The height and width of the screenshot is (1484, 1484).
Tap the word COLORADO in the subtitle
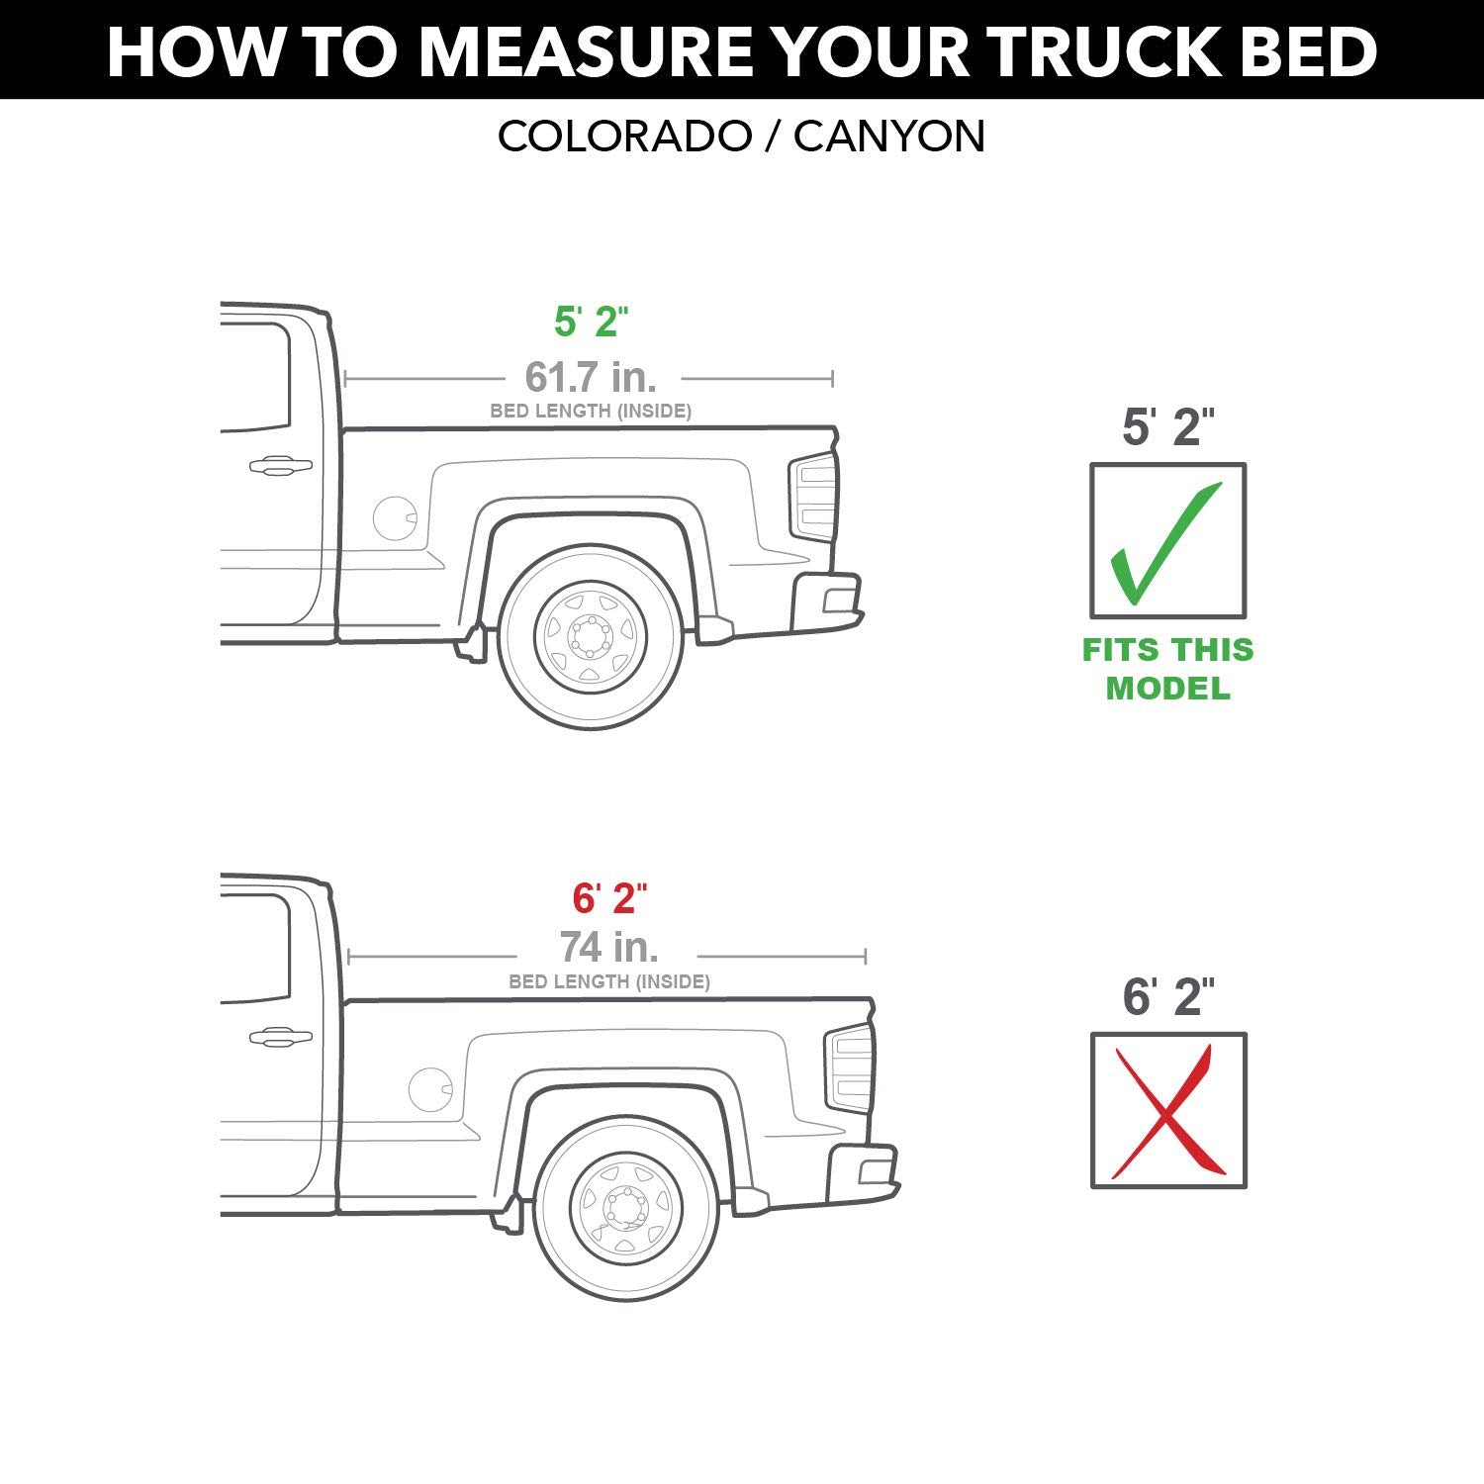[624, 137]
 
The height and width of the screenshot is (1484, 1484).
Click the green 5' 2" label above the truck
[591, 322]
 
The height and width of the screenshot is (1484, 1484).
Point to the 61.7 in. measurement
[591, 377]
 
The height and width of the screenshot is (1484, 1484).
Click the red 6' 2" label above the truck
[609, 898]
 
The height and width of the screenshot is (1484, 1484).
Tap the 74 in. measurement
[609, 948]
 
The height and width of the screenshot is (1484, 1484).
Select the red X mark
[1167, 1111]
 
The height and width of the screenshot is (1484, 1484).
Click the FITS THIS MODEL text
[1167, 669]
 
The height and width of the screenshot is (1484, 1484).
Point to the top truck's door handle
[280, 465]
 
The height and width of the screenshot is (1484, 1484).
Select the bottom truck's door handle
[280, 1037]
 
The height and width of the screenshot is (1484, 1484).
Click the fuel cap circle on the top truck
[395, 517]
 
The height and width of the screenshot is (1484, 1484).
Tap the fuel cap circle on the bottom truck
[430, 1089]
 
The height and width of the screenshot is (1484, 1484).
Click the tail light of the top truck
[813, 497]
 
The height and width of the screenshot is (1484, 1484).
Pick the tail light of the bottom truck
[849, 1068]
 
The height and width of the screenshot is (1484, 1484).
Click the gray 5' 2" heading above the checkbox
[1167, 426]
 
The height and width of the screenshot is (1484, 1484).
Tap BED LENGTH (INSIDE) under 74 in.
[609, 981]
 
